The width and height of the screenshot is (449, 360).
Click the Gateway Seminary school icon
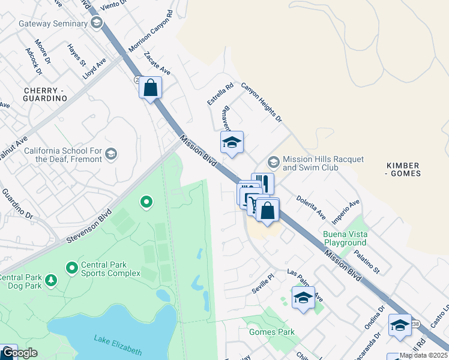tap(96, 23)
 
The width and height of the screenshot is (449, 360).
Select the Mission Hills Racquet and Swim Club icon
tap(274, 163)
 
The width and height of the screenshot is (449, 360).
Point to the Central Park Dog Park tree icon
tap(52, 280)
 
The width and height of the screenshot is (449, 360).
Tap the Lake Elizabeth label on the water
tap(118, 345)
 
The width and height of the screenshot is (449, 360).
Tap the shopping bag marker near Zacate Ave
tap(151, 88)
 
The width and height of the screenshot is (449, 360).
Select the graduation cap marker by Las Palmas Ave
tap(303, 298)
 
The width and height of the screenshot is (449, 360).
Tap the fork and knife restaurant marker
tap(263, 183)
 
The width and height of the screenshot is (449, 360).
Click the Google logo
tap(19, 353)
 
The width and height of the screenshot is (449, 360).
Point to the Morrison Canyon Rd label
tap(151, 31)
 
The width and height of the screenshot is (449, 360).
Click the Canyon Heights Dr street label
tap(261, 103)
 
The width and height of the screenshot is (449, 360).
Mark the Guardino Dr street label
tap(16, 203)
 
